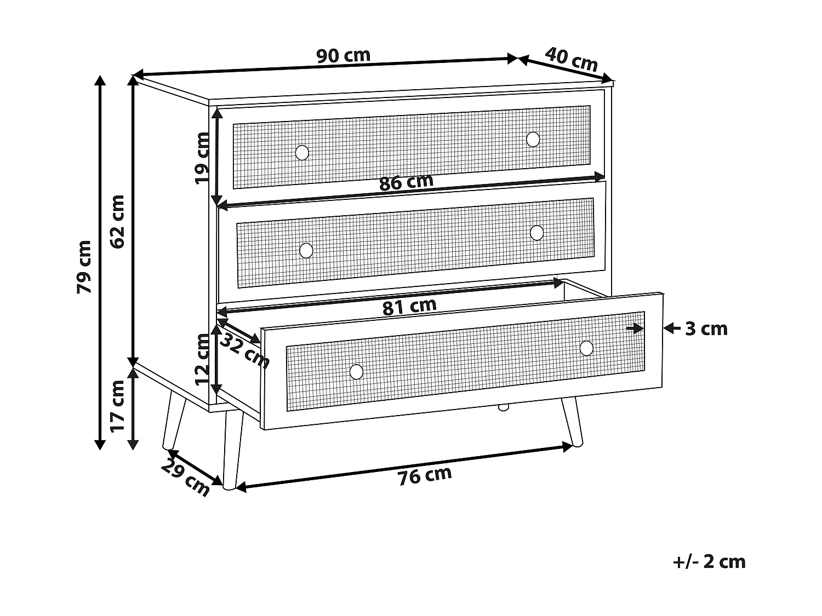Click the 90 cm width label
click(x=344, y=56)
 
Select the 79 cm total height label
click(x=84, y=267)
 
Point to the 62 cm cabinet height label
click(x=118, y=221)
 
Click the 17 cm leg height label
click(x=117, y=406)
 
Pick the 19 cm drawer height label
click(x=203, y=158)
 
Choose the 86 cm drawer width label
click(x=406, y=182)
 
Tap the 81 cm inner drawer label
click(x=409, y=307)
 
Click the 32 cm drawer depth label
click(x=244, y=351)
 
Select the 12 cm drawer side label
click(x=202, y=359)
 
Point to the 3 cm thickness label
click(x=706, y=329)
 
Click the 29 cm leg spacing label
click(x=185, y=477)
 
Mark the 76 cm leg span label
click(x=425, y=476)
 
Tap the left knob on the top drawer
click(x=302, y=153)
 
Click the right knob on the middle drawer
click(x=536, y=233)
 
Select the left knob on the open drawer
click(x=356, y=372)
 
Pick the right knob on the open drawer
click(x=586, y=348)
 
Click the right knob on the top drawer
click(x=533, y=139)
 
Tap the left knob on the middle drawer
click(x=306, y=251)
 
